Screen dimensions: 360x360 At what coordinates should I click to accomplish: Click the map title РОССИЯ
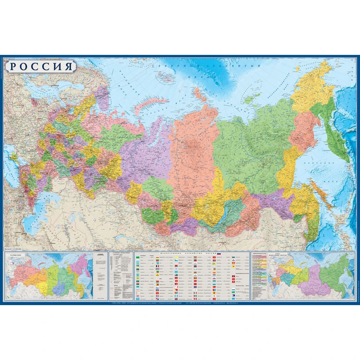41,67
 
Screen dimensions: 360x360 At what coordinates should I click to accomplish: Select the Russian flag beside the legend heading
219,254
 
